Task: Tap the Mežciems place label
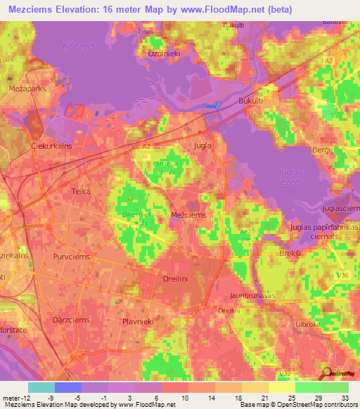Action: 188,216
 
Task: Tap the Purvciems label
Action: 74,257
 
